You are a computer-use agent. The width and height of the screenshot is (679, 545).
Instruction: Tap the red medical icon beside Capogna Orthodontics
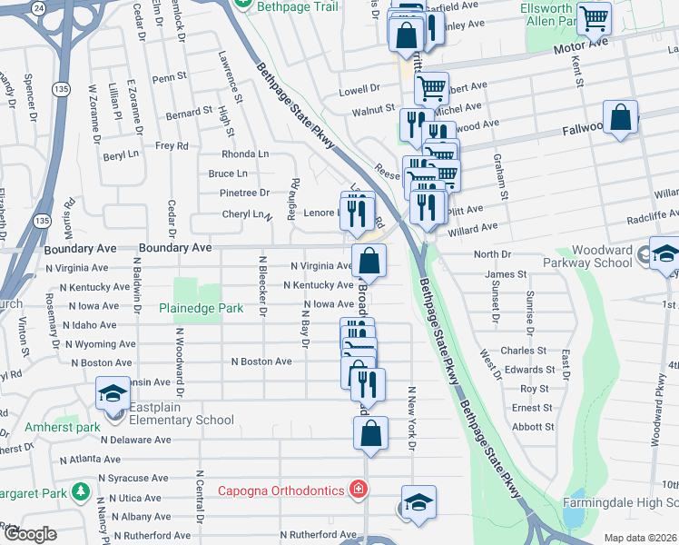click(x=359, y=490)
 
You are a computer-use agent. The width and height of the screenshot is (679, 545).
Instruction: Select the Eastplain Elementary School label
click(x=182, y=420)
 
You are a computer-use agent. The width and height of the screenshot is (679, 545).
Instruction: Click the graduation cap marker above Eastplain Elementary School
click(x=113, y=393)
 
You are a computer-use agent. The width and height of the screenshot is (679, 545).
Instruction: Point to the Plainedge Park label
click(x=201, y=308)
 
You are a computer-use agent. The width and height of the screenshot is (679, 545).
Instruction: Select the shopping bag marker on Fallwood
click(x=621, y=117)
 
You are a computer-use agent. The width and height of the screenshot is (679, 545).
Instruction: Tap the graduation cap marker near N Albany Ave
click(x=418, y=502)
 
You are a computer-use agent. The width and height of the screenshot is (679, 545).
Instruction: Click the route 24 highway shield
click(x=38, y=6)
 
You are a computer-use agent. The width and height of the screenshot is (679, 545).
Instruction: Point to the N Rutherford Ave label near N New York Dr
click(x=318, y=534)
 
